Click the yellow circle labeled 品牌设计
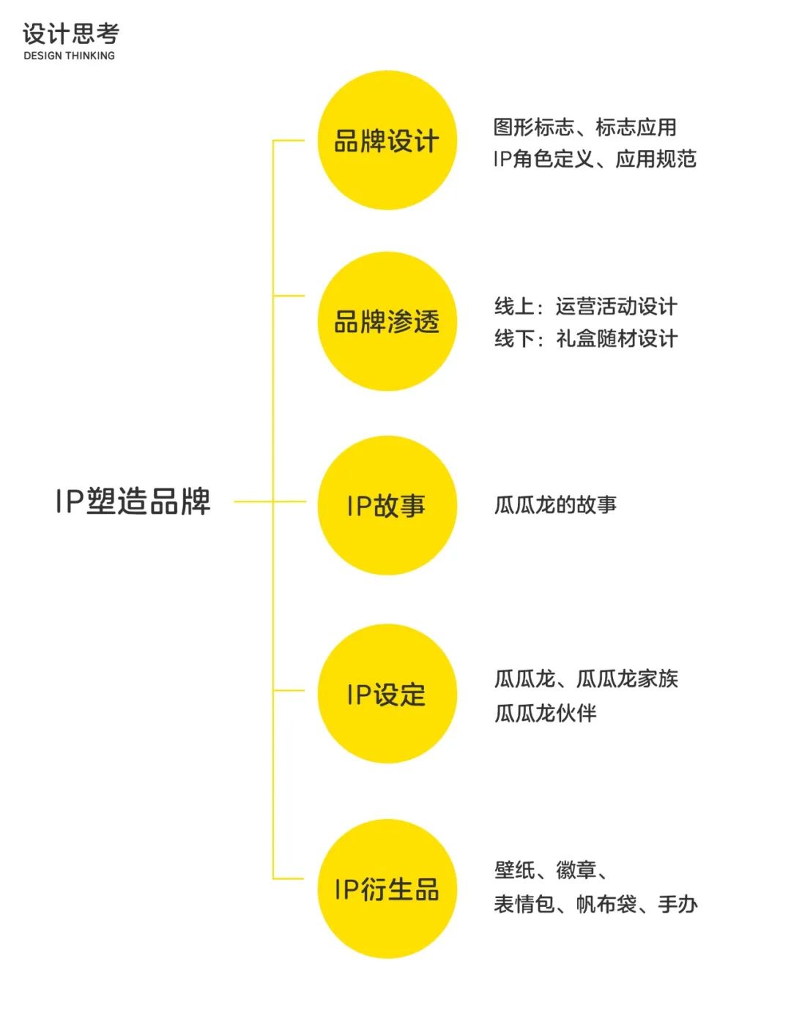pos(387,141)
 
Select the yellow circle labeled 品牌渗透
pos(387,321)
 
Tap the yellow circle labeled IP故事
pos(387,505)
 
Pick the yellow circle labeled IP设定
pos(387,694)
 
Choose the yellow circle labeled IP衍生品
pos(387,889)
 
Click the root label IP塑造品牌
pos(133,502)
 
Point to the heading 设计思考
pos(70,34)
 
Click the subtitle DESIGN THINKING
pos(69,56)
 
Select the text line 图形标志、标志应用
pos(584,127)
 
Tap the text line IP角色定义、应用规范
pos(594,159)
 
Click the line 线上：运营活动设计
pos(585,306)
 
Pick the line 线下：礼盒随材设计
pos(585,338)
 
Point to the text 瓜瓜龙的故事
pos(555,504)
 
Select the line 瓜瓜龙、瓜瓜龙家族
pos(586,679)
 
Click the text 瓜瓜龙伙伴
pos(545,712)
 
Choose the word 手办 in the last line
pos(677,905)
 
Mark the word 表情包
pos(524,905)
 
